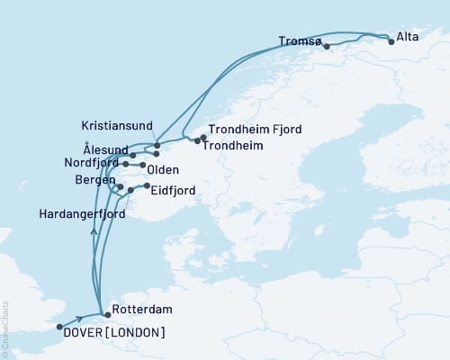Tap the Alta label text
coord(407,39)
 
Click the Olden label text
coord(162,170)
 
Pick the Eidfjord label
coord(173,190)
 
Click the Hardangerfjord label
coord(78,214)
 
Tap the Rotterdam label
coord(137,315)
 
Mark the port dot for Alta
coord(391,40)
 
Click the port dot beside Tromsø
coord(327,46)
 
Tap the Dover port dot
coord(59,327)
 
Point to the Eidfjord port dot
coord(147,186)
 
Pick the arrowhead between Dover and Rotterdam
coord(81,318)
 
